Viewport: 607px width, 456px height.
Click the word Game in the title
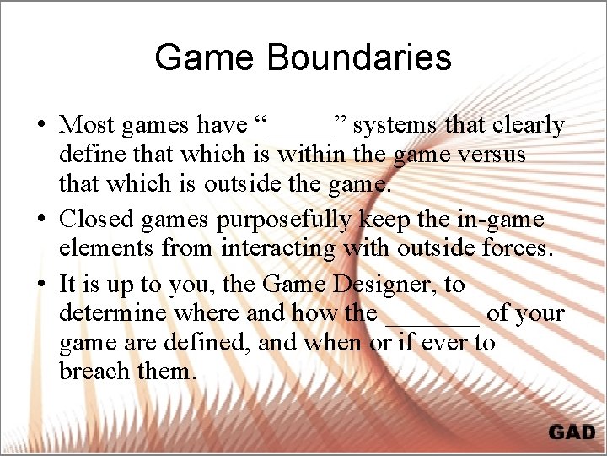(204, 57)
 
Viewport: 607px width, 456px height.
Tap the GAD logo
(572, 432)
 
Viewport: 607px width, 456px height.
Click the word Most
(87, 125)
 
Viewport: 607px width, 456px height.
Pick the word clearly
(527, 126)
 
